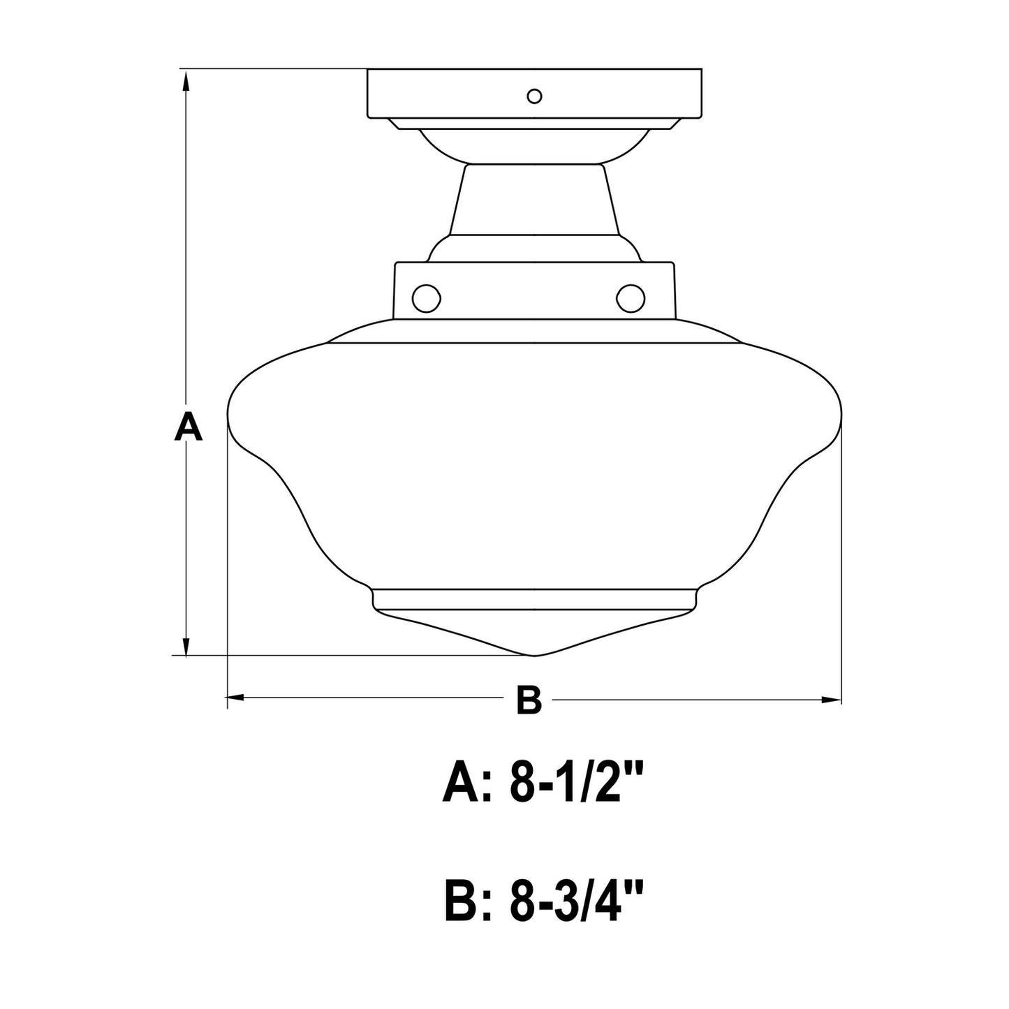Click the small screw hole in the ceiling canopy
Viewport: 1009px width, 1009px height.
pos(533,96)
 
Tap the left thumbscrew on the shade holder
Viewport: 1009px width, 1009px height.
pos(426,297)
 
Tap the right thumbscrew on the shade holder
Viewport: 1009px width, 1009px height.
pos(631,297)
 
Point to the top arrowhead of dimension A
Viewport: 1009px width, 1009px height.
pos(186,84)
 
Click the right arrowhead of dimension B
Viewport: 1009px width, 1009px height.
pos(831,700)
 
